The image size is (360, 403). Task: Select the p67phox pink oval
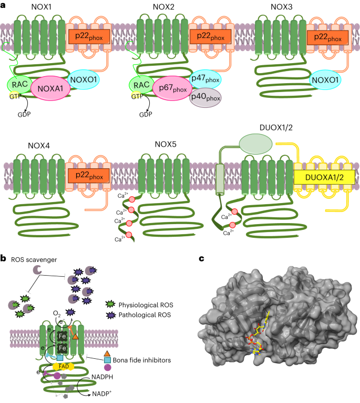169,89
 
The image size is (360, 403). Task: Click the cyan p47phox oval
206,79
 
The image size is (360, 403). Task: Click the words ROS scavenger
33,259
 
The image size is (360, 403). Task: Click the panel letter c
203,258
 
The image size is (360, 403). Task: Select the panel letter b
4,258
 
